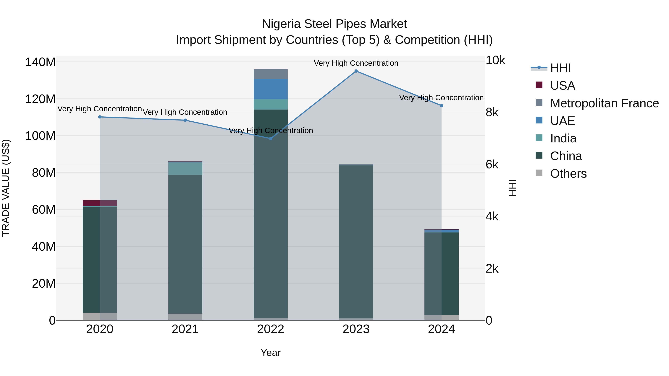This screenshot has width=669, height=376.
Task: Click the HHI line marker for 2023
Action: click(x=356, y=71)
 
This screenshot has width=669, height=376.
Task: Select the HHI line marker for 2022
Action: click(x=270, y=139)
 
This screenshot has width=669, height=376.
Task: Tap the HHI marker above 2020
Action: click(x=100, y=117)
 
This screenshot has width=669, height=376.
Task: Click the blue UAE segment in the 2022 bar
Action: click(x=270, y=89)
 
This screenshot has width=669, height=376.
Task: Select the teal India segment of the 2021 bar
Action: click(x=185, y=169)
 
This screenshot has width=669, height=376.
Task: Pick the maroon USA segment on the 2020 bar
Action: click(x=100, y=203)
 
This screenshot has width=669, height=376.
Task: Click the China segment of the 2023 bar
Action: click(x=356, y=241)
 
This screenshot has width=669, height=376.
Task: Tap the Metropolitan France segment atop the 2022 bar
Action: click(x=270, y=74)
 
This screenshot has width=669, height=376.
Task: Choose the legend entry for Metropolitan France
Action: click(x=604, y=103)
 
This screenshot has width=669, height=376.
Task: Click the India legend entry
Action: click(x=563, y=138)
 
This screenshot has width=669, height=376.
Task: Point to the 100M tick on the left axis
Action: click(x=40, y=136)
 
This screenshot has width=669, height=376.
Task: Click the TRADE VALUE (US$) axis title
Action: click(x=6, y=188)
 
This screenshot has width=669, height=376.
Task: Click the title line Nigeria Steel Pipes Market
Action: click(x=334, y=24)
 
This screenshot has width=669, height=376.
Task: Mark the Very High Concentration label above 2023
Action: click(x=356, y=63)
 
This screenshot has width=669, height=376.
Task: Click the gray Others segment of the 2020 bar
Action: click(x=100, y=316)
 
